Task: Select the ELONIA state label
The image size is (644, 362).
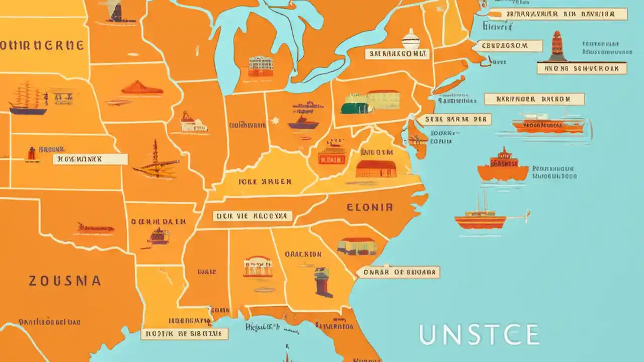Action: click(369, 207)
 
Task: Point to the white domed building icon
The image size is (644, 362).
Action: click(411, 39)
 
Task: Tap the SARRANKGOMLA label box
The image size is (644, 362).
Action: click(396, 54)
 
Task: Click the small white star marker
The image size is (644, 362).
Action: click(275, 121)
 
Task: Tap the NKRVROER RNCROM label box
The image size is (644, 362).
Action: click(534, 99)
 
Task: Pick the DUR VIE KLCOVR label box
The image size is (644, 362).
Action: click(252, 216)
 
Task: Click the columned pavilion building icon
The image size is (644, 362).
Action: click(257, 266)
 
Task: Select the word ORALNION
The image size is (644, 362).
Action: click(303, 254)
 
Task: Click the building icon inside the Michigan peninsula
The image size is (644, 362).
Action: click(261, 66)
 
